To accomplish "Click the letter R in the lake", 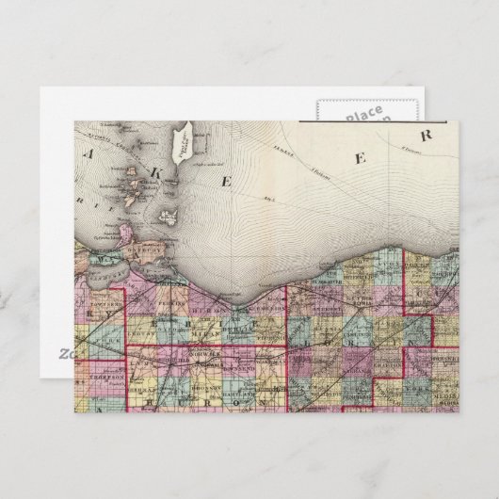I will pyautogui.click(x=426, y=135).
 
